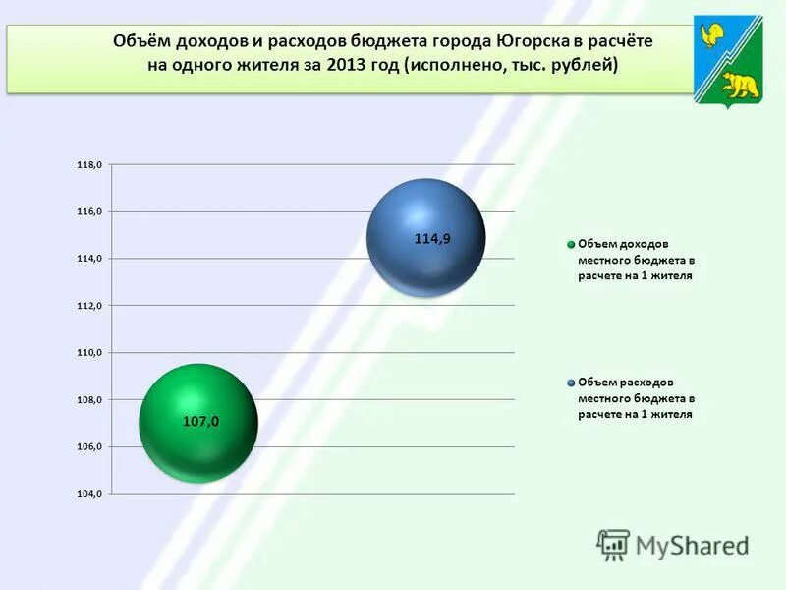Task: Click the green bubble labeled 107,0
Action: (199, 422)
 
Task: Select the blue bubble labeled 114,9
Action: (425, 238)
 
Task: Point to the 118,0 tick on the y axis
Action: (89, 165)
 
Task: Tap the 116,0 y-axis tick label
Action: (89, 211)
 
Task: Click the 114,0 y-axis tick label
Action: (89, 259)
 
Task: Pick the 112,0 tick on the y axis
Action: (89, 306)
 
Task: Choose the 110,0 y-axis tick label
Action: (89, 352)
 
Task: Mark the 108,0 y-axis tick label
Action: (89, 400)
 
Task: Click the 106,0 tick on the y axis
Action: (89, 446)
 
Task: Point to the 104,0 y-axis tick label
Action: (89, 494)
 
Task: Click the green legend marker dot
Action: (570, 244)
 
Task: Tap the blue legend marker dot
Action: (570, 383)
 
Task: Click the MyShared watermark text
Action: (692, 545)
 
